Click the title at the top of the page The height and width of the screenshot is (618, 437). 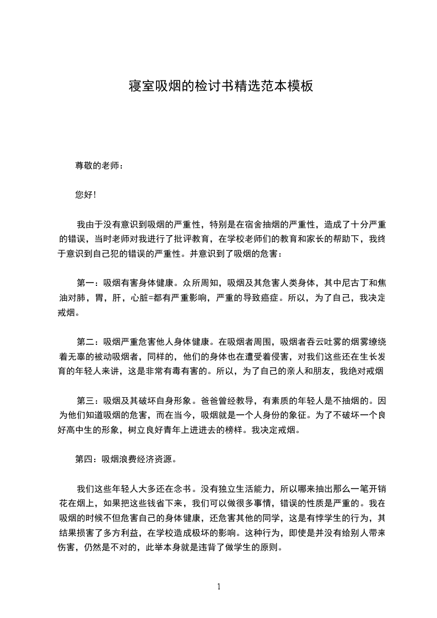click(220, 86)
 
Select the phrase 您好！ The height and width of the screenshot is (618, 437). click(85, 194)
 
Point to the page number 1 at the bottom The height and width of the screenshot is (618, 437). click(219, 587)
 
